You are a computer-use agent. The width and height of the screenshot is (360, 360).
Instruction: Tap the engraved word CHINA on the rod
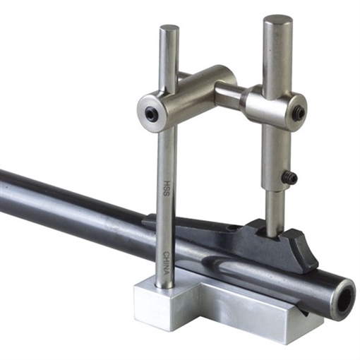[x=166, y=261]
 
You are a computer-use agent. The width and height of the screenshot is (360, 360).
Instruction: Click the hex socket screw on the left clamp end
[x=151, y=113]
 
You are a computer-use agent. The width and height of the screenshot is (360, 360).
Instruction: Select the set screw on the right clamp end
[x=299, y=112]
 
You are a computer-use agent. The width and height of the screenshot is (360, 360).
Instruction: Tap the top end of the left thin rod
[x=169, y=29]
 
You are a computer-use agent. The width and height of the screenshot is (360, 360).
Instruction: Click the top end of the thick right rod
[x=277, y=20]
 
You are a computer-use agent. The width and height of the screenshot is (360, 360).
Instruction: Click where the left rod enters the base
[x=164, y=286]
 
